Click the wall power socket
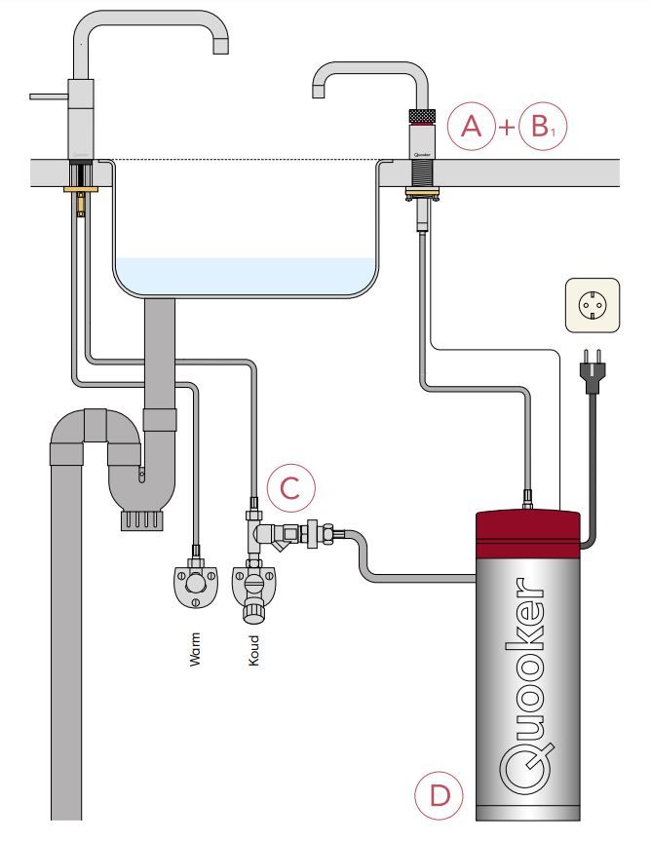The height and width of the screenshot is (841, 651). tap(591, 305)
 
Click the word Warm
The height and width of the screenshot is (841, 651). tap(195, 651)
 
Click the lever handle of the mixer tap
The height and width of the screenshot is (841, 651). tap(49, 96)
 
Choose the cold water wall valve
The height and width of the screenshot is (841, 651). tap(253, 591)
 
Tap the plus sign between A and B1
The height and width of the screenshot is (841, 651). tap(507, 128)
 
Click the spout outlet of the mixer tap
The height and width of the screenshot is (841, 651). tap(220, 47)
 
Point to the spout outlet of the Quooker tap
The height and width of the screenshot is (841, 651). tap(319, 91)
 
